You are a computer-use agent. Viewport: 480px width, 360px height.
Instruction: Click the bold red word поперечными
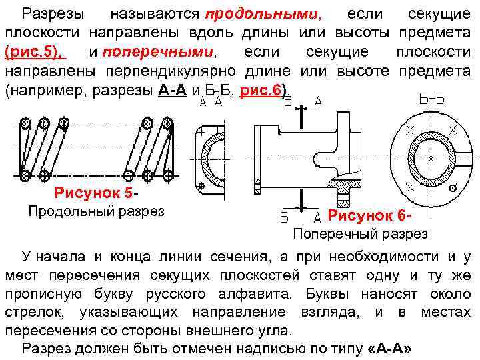coord(168,51)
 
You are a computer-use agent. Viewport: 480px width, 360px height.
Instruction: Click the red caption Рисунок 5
coord(93,194)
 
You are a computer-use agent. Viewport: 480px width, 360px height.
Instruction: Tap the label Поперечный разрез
coord(360,234)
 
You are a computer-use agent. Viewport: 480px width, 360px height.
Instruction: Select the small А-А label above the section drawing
coord(211,101)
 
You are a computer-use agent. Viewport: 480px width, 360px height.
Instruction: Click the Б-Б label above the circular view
coord(432,99)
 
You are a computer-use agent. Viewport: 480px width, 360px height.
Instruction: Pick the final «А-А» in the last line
coord(389,349)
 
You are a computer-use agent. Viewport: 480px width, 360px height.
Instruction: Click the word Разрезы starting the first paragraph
coord(53,13)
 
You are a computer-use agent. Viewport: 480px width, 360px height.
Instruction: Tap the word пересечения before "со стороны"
coord(51,330)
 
